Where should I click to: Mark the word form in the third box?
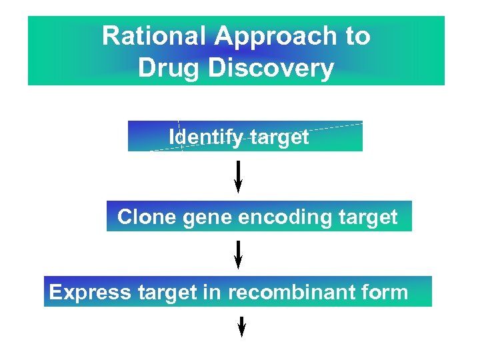click(x=383, y=292)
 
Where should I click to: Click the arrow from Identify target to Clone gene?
click(x=239, y=176)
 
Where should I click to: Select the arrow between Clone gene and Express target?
click(x=239, y=254)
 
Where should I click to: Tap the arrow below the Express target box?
click(x=242, y=327)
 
